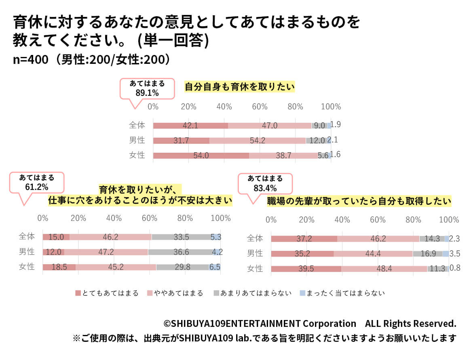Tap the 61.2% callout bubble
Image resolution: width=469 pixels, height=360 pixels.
(x=37, y=183)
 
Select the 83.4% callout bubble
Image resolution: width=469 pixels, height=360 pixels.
(x=265, y=183)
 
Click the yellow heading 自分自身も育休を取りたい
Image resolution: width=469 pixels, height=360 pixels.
(x=240, y=87)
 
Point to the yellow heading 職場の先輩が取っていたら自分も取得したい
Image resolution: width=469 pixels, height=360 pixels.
(x=359, y=201)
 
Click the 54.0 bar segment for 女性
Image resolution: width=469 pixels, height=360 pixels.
(x=201, y=156)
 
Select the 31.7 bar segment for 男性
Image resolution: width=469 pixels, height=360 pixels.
(x=181, y=141)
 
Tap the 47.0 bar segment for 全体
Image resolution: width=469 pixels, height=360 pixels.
(x=270, y=126)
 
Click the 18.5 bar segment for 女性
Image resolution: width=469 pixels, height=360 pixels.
(x=59, y=267)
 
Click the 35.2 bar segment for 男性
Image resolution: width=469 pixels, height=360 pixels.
(x=302, y=254)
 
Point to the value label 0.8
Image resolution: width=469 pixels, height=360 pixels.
(x=455, y=267)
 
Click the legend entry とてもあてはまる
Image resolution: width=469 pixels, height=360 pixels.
(x=107, y=293)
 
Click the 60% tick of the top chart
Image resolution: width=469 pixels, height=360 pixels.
(x=260, y=107)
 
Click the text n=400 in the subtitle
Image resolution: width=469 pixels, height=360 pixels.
(x=31, y=59)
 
